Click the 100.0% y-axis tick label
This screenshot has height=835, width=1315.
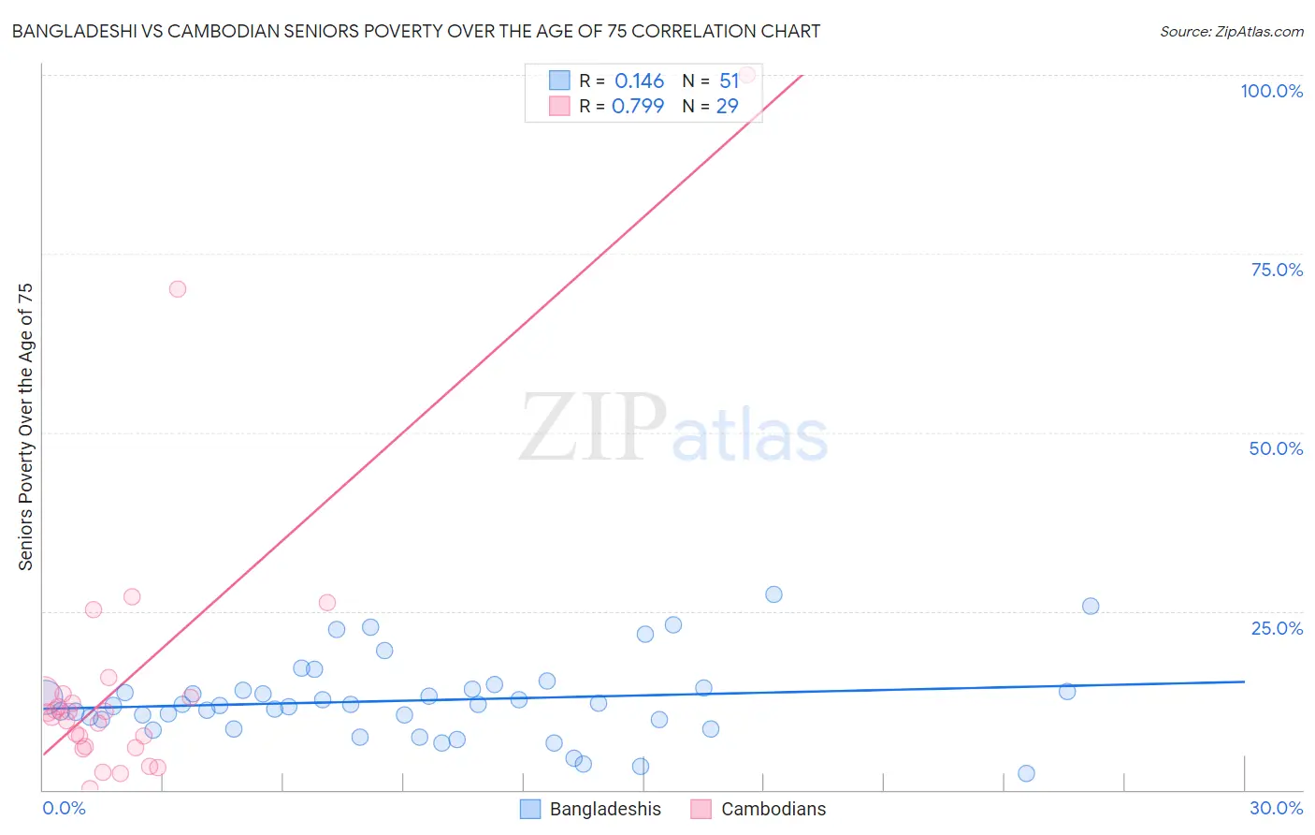click(x=1271, y=91)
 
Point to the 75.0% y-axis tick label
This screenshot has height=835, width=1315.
click(x=1277, y=270)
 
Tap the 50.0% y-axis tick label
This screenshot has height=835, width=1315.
click(x=1276, y=448)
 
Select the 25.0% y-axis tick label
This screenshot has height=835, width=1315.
click(x=1277, y=627)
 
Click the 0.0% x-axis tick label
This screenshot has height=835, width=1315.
click(x=64, y=808)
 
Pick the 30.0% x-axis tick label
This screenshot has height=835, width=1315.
click(x=1276, y=808)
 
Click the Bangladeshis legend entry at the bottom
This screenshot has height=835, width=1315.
click(x=604, y=809)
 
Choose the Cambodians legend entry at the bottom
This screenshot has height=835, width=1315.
click(x=773, y=809)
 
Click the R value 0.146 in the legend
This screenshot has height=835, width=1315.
click(x=639, y=81)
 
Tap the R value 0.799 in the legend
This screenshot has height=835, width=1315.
click(x=638, y=106)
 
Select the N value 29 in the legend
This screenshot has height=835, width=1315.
click(x=727, y=106)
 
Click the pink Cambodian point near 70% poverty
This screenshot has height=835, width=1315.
click(x=178, y=288)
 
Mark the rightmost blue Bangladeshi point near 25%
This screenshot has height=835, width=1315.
click(x=1091, y=606)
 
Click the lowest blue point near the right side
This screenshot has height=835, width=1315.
click(x=1026, y=773)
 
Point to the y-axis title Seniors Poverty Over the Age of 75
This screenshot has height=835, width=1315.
click(x=25, y=426)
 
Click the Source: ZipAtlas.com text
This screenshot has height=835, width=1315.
click(x=1231, y=31)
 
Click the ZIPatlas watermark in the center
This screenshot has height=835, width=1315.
click(x=673, y=429)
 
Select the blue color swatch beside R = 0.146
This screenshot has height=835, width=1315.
click(x=559, y=81)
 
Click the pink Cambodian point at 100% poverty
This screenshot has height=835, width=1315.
click(x=747, y=75)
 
